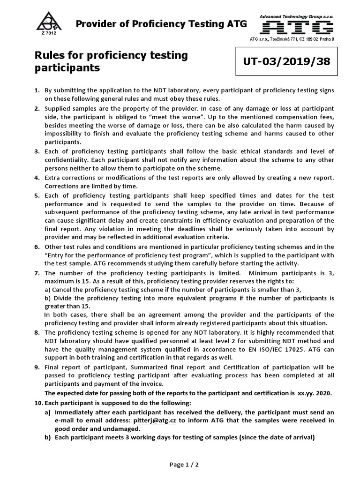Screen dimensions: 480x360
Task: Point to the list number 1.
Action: (37, 90)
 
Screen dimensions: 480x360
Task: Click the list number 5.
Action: (37, 195)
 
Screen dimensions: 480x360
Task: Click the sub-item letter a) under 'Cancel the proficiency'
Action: (48, 289)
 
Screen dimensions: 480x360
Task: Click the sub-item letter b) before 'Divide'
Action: (48, 298)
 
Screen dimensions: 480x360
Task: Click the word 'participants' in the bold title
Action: (67, 68)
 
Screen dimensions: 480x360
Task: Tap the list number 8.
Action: (37, 332)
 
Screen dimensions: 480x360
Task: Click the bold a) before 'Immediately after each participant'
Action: (47, 412)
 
